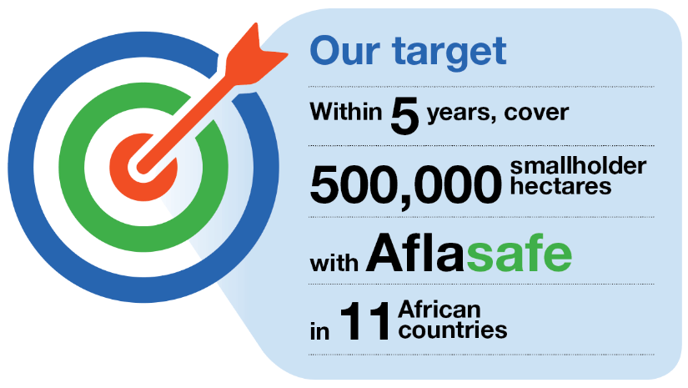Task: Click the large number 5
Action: (404, 116)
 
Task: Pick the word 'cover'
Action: (536, 113)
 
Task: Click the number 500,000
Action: (405, 184)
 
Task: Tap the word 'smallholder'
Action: (578, 166)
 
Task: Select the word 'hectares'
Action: (560, 186)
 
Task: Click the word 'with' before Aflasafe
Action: (334, 264)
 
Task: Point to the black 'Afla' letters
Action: (414, 253)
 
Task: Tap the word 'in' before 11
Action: (319, 331)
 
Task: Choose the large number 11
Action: (364, 321)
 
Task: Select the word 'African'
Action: (439, 310)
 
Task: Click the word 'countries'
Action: (453, 330)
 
